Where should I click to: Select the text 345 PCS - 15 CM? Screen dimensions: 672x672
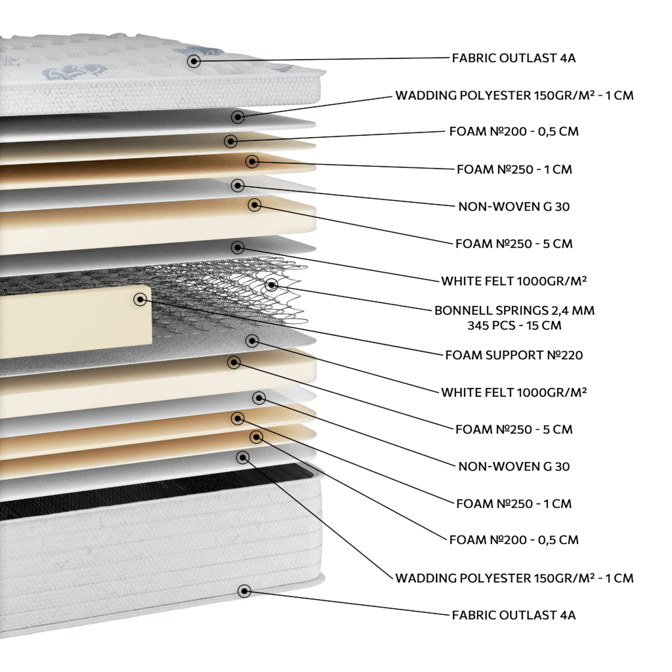514,325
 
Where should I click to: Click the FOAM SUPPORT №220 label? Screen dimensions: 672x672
514,355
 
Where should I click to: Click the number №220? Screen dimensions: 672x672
565,355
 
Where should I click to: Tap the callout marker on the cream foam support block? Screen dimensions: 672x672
140,299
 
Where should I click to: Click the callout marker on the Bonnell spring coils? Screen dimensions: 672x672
271,284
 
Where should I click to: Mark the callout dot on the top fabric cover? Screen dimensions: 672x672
194,61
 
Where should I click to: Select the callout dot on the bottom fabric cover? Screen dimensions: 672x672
244,591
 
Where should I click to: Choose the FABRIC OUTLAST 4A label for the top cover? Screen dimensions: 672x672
514,58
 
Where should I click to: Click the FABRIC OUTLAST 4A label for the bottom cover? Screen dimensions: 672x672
514,615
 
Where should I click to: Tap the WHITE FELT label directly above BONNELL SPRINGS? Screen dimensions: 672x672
514,281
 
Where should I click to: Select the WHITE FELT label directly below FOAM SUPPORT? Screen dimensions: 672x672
514,392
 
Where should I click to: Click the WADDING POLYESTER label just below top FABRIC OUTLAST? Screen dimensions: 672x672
514,95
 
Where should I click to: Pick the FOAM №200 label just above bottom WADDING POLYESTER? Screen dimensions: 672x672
514,539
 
